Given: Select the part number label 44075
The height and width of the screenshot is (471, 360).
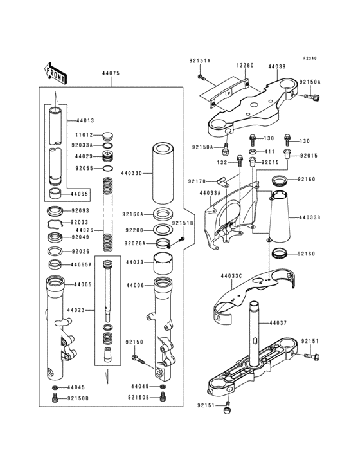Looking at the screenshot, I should (111, 73).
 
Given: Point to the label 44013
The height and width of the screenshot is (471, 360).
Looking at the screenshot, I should (85, 120).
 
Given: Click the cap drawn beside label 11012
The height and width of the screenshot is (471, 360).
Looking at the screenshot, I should (107, 136).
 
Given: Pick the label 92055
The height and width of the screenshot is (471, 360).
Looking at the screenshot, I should (84, 169).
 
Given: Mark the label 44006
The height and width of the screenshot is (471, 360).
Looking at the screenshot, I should (135, 285).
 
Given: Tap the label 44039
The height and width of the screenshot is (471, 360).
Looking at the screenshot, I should (277, 65).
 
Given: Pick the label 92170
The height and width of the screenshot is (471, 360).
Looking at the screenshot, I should (197, 182).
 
